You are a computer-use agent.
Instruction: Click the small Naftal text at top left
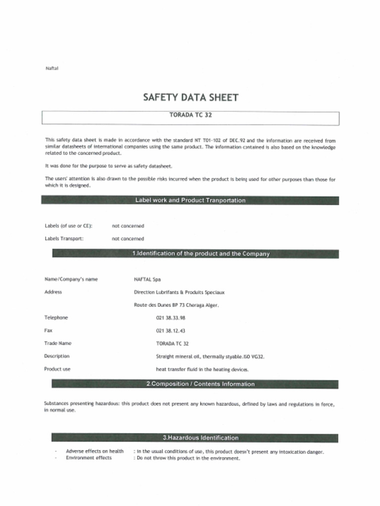pos(52,68)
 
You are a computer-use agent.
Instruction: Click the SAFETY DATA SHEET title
pos(190,97)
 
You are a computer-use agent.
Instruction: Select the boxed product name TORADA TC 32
pos(190,115)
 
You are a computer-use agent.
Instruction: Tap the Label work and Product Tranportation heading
pos(190,200)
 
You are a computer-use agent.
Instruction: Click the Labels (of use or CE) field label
pos(69,226)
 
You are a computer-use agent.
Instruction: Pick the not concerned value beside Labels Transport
pos(128,239)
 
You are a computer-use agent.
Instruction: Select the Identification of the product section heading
pos(200,253)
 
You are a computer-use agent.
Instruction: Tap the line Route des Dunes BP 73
pos(176,305)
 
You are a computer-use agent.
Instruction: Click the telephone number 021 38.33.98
pos(170,318)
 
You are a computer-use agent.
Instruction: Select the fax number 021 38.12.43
pos(170,331)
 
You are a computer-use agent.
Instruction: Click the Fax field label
pos(48,331)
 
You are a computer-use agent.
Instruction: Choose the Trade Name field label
pos(58,343)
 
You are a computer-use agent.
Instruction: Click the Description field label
pos(57,356)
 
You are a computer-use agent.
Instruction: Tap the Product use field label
pos(57,369)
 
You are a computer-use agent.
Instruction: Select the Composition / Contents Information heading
pos(200,384)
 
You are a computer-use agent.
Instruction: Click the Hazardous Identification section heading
pos(200,438)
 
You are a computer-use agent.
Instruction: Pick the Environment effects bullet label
pos(89,458)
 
